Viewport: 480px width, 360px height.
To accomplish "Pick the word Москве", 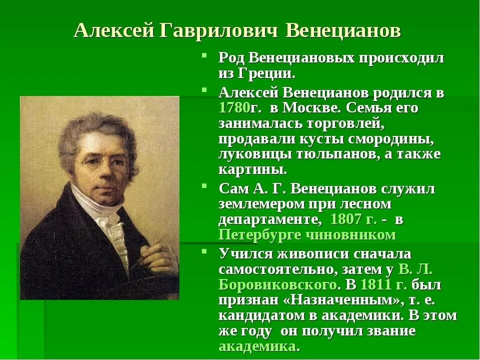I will (x=305, y=107).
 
